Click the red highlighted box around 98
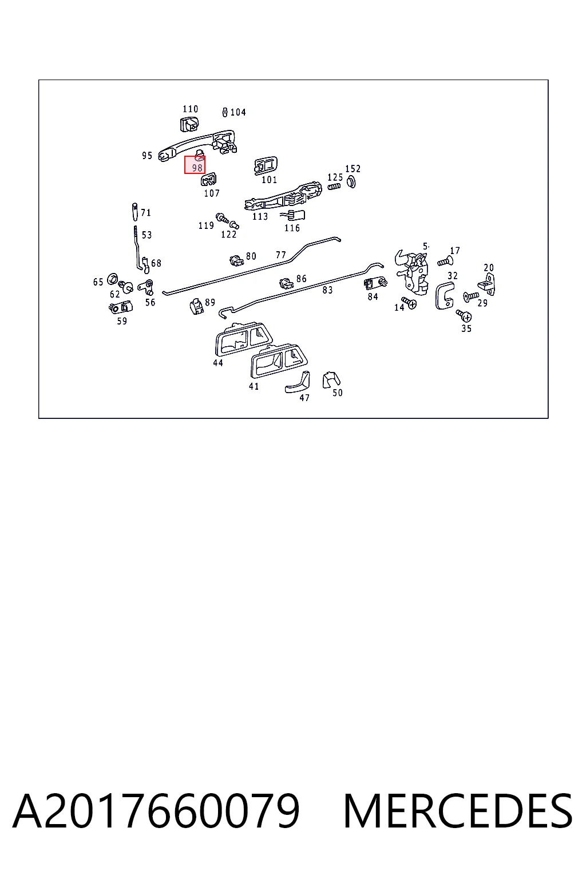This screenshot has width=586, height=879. pyautogui.click(x=195, y=165)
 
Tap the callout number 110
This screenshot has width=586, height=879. pyautogui.click(x=191, y=109)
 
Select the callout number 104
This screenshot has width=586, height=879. pyautogui.click(x=238, y=113)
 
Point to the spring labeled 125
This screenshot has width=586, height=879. pyautogui.click(x=334, y=187)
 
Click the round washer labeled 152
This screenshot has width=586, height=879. pyautogui.click(x=351, y=181)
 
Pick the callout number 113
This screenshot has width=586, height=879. pyautogui.click(x=260, y=217)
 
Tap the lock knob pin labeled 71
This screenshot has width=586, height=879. pyautogui.click(x=134, y=212)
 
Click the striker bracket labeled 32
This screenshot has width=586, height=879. pyautogui.click(x=444, y=295)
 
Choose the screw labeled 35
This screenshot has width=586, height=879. pyautogui.click(x=464, y=315)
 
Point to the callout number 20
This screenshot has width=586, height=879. pyautogui.click(x=489, y=268)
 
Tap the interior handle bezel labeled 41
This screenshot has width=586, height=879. pyautogui.click(x=279, y=361)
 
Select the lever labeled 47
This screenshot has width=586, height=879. pyautogui.click(x=298, y=382)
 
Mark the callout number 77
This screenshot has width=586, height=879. pyautogui.click(x=281, y=255)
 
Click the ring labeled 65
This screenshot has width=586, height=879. pyautogui.click(x=112, y=279)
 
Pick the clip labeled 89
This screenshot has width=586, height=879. pyautogui.click(x=197, y=306)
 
